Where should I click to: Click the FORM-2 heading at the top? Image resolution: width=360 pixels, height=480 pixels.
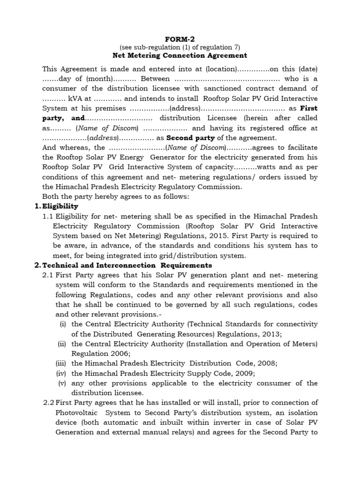pos(180,39)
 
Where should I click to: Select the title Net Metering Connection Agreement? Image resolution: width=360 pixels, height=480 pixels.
pos(180,55)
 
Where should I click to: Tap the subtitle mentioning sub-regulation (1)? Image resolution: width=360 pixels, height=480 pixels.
pos(180,47)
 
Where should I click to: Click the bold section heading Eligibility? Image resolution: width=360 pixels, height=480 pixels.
pos(60,206)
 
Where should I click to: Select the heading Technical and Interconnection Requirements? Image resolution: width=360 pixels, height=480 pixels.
pos(120,265)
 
